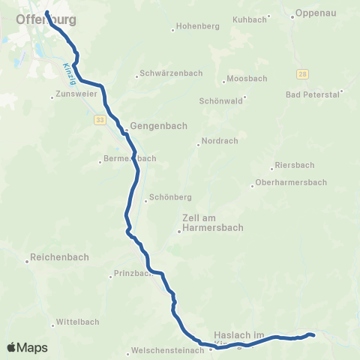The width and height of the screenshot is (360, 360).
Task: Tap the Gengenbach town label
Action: point(158,126)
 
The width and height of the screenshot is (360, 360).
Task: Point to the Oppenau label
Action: point(314,13)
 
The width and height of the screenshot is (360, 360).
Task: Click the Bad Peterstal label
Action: point(313,94)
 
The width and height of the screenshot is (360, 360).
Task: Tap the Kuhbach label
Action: point(250,19)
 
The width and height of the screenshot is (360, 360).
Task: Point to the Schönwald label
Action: point(221,100)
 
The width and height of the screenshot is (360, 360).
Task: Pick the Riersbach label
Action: point(295,165)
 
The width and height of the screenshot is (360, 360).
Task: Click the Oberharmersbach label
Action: point(292,182)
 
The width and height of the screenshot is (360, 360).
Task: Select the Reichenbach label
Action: point(58,257)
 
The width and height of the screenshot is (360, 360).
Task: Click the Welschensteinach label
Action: point(167,350)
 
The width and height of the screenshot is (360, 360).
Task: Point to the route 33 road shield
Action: point(99,119)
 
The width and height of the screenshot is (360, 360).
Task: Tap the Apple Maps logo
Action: point(28,347)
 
